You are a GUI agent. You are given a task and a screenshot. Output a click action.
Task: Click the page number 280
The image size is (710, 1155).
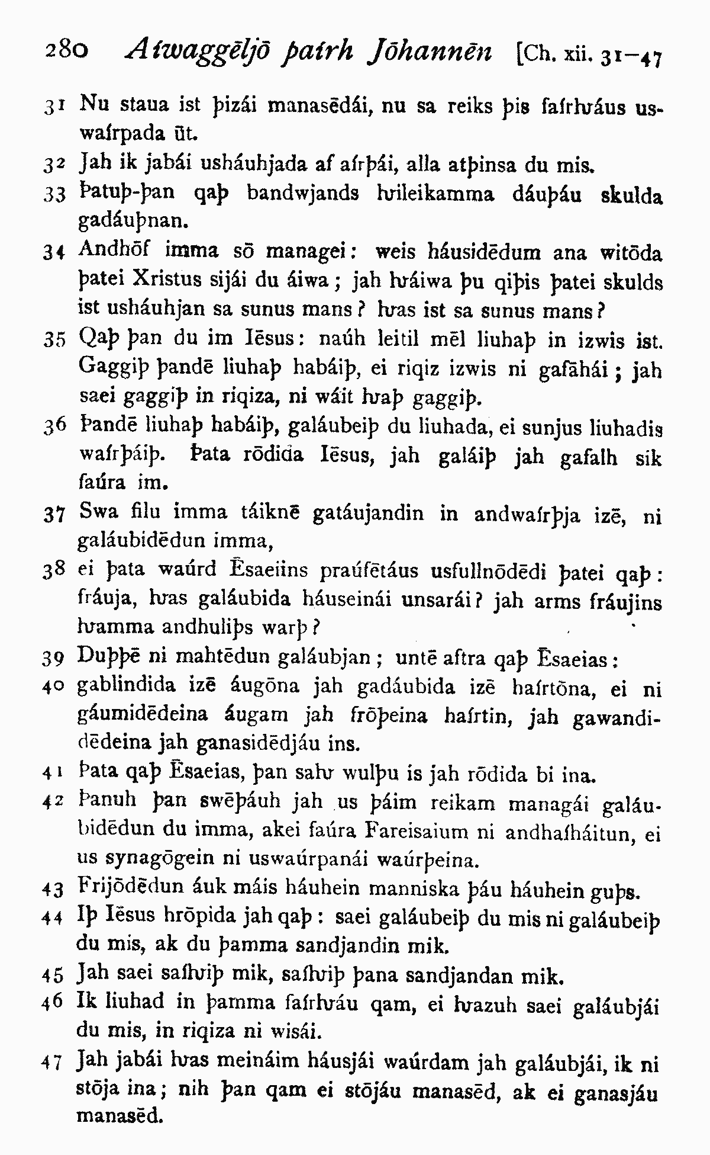pyautogui.click(x=66, y=51)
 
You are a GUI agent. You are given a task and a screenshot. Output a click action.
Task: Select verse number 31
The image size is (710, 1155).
pyautogui.click(x=53, y=107)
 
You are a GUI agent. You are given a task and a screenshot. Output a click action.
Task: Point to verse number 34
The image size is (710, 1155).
pyautogui.click(x=53, y=254)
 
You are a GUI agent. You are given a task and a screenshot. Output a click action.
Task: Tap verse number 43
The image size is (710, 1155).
pyautogui.click(x=53, y=889)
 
